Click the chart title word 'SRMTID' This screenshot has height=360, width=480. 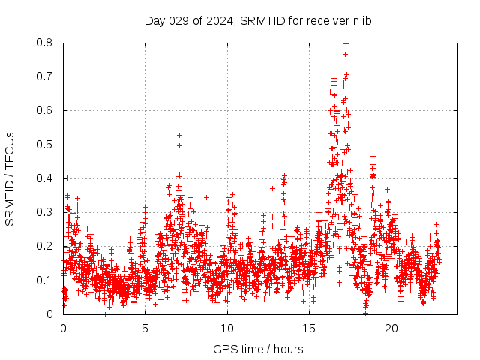click(259, 21)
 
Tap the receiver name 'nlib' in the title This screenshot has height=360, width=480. click(359, 21)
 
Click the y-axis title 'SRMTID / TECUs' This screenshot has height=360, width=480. click(10, 178)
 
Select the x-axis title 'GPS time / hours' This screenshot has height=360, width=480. click(258, 349)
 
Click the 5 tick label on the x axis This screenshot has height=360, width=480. click(145, 328)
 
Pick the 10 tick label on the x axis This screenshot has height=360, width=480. click(227, 328)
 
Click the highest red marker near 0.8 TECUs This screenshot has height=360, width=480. click(346, 43)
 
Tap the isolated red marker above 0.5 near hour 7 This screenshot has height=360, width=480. click(179, 135)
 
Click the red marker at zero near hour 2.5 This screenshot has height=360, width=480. click(105, 314)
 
